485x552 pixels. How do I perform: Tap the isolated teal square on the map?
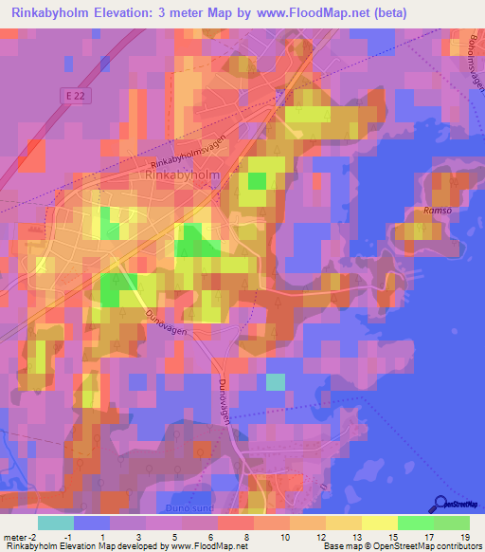pos(275,381)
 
